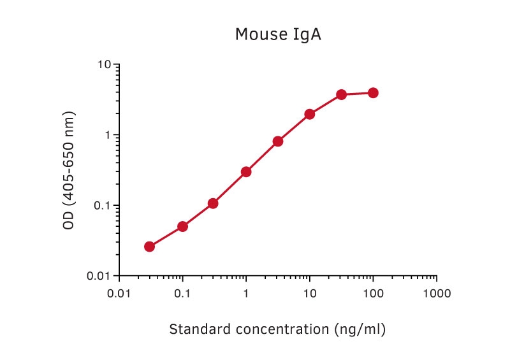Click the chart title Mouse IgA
278,35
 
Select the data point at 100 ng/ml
373,93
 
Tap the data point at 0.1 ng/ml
183,226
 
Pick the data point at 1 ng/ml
246,171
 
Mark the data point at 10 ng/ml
310,114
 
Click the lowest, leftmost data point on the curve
149,247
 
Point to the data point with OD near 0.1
213,204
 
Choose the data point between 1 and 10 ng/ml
278,141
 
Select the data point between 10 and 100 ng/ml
342,95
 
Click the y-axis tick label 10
105,64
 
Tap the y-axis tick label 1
108,135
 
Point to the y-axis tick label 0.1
102,206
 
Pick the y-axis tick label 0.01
99,276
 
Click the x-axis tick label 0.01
119,294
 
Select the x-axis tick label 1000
437,294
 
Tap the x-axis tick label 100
373,294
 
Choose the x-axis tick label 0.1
182,294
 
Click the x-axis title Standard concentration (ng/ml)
277,329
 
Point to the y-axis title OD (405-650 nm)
69,170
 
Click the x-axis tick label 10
310,294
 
